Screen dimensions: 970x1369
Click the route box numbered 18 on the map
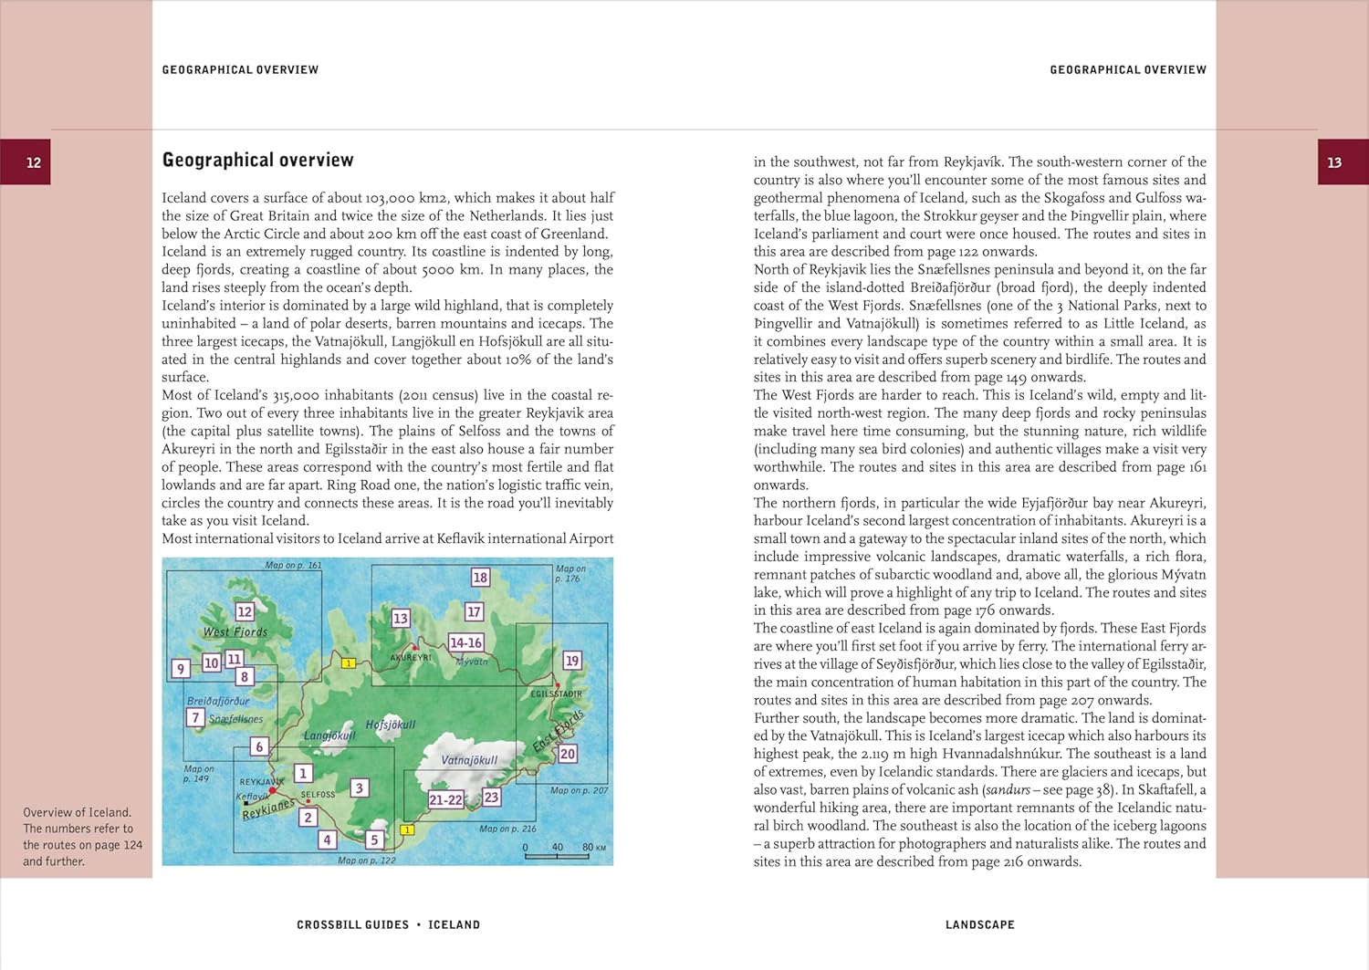point(480,577)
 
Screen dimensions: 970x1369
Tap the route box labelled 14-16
point(465,642)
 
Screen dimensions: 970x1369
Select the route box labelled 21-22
point(445,799)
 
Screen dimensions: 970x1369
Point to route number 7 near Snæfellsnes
point(195,717)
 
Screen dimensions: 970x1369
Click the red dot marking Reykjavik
point(272,791)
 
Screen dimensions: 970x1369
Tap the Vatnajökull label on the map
point(469,759)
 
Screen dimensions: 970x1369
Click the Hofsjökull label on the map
point(391,725)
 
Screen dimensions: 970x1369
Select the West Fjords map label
point(235,631)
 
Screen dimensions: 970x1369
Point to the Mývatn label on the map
point(472,662)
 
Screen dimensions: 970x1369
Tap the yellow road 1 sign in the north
point(349,663)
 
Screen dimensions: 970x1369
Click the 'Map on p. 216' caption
point(508,829)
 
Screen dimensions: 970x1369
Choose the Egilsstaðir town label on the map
point(556,694)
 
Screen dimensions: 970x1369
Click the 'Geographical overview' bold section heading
point(257,160)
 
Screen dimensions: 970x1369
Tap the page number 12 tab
point(34,162)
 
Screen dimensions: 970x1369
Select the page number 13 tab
point(1334,162)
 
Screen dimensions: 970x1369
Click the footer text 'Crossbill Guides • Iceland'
point(388,924)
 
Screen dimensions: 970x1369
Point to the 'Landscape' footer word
point(979,924)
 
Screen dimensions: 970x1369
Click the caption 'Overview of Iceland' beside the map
point(78,812)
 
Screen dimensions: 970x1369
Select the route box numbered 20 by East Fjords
point(568,754)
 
